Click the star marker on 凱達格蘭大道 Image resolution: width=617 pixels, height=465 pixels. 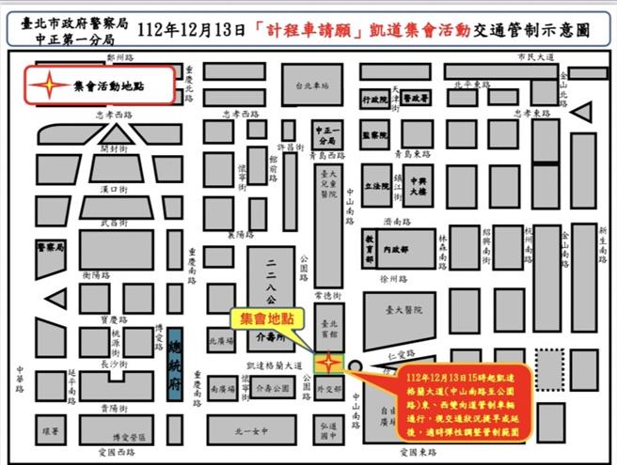329,363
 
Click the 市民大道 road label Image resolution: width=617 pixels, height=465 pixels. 535,58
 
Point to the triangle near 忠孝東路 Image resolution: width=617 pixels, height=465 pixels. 581,115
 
